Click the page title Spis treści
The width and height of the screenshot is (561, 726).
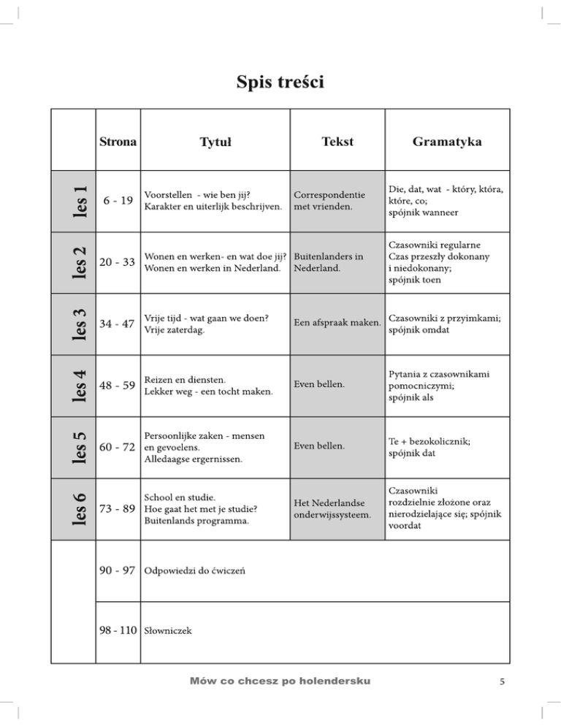pos(280,82)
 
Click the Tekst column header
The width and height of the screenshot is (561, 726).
pos(336,141)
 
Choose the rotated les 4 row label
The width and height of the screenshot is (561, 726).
pos(83,384)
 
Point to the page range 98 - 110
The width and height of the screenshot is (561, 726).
pos(119,628)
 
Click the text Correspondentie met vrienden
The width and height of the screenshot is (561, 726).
pos(329,202)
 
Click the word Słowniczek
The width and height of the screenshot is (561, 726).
pos(169,629)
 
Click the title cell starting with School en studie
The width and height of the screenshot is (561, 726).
pos(202,508)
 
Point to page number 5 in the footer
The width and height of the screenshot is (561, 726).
pos(503,682)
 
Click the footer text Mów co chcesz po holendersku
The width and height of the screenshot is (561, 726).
pos(280,681)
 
